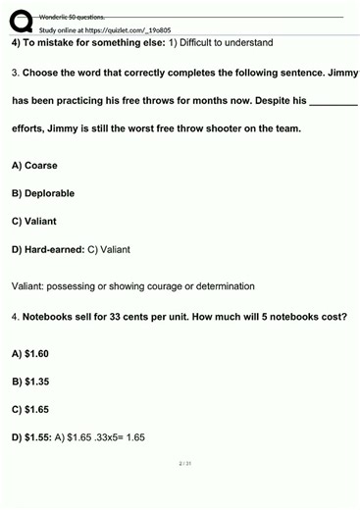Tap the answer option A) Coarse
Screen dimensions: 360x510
click(x=34, y=165)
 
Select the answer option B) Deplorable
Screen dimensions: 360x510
click(x=43, y=193)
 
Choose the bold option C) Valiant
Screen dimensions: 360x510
click(x=34, y=221)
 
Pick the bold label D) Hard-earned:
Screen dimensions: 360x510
click(x=48, y=249)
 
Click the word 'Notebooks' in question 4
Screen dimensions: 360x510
click(x=53, y=317)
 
